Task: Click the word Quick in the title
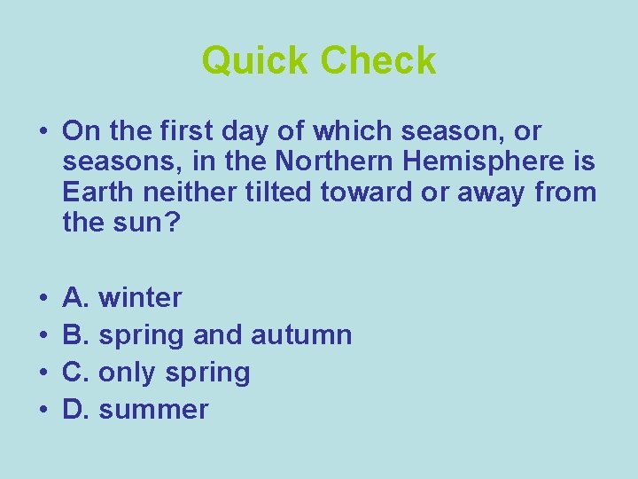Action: click(256, 60)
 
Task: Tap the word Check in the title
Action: click(378, 60)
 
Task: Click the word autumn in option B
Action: click(301, 334)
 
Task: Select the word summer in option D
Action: click(153, 410)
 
